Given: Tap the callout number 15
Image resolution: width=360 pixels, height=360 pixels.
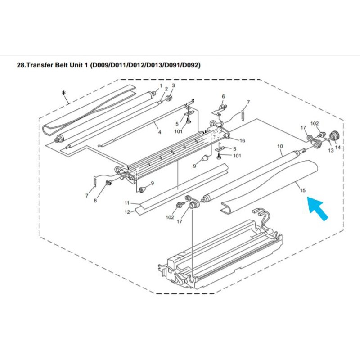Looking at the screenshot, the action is pos(303,190).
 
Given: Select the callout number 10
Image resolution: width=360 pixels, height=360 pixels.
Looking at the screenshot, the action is pos(280,146).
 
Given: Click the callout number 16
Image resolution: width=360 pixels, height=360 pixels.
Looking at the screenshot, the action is pos(242,140).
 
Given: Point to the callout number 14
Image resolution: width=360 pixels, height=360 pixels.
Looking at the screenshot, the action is pos(338,147).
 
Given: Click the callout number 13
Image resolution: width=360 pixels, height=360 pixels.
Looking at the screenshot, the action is pos(331,150).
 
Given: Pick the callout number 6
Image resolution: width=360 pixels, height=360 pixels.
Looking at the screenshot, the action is pos(223,96).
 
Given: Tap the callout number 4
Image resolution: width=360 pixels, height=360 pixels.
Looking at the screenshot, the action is pos(160,132).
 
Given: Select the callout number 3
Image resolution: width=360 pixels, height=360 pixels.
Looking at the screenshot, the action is pos(173,85).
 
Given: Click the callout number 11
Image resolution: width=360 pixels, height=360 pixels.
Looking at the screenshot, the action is pos(127,203).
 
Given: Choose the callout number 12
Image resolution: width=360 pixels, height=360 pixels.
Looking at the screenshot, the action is pos(127,212).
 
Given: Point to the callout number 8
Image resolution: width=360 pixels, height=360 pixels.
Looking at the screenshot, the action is pos(95,201).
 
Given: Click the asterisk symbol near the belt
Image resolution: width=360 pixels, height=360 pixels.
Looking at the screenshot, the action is pos(64,93).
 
